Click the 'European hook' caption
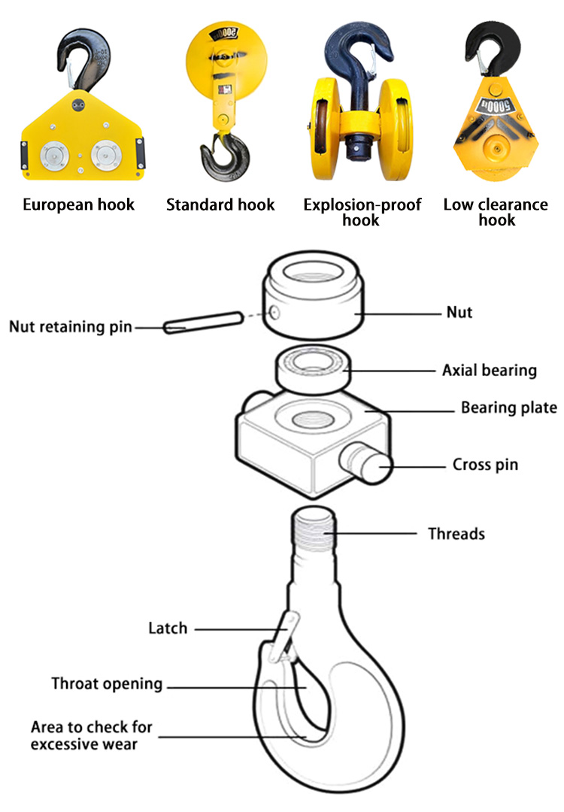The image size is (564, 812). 78,205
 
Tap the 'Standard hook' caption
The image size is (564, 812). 220,205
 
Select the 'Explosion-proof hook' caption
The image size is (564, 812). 362,211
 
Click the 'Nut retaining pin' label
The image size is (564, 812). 70,326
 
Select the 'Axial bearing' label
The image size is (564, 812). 489,370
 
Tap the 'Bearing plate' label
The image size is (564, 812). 508,408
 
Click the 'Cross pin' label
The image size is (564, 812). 485,465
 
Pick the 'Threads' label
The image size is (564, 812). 456,534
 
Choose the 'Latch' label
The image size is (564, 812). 167,627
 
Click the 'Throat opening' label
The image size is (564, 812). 107,683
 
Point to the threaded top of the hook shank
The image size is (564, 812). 313,531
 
